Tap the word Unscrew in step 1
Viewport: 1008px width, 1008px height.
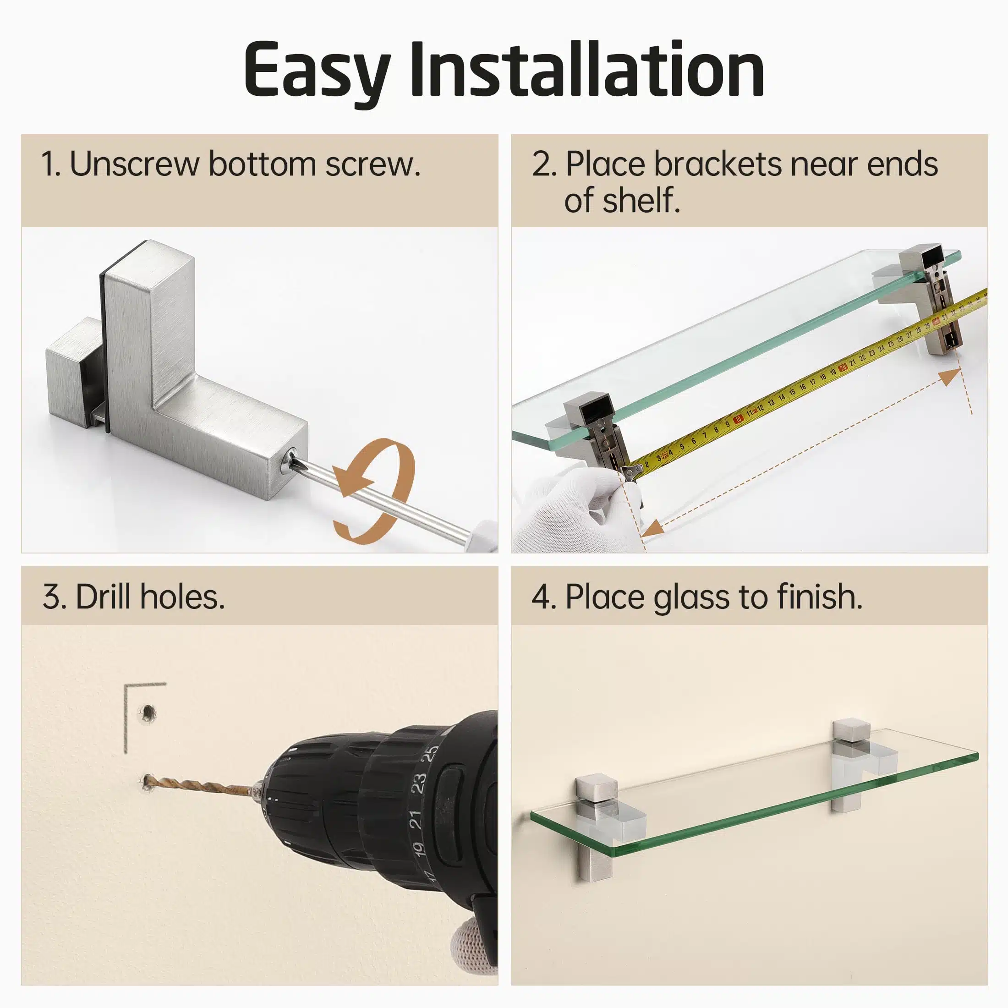134,164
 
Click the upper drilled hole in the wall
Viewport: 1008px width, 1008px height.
149,712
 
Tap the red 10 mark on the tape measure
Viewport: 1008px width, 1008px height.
738,419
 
